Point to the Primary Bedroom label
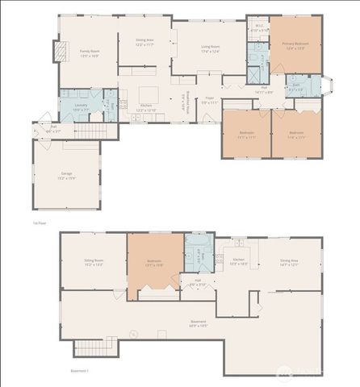pos(294,45)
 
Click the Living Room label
pos(209,48)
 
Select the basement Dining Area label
pos(288,262)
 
